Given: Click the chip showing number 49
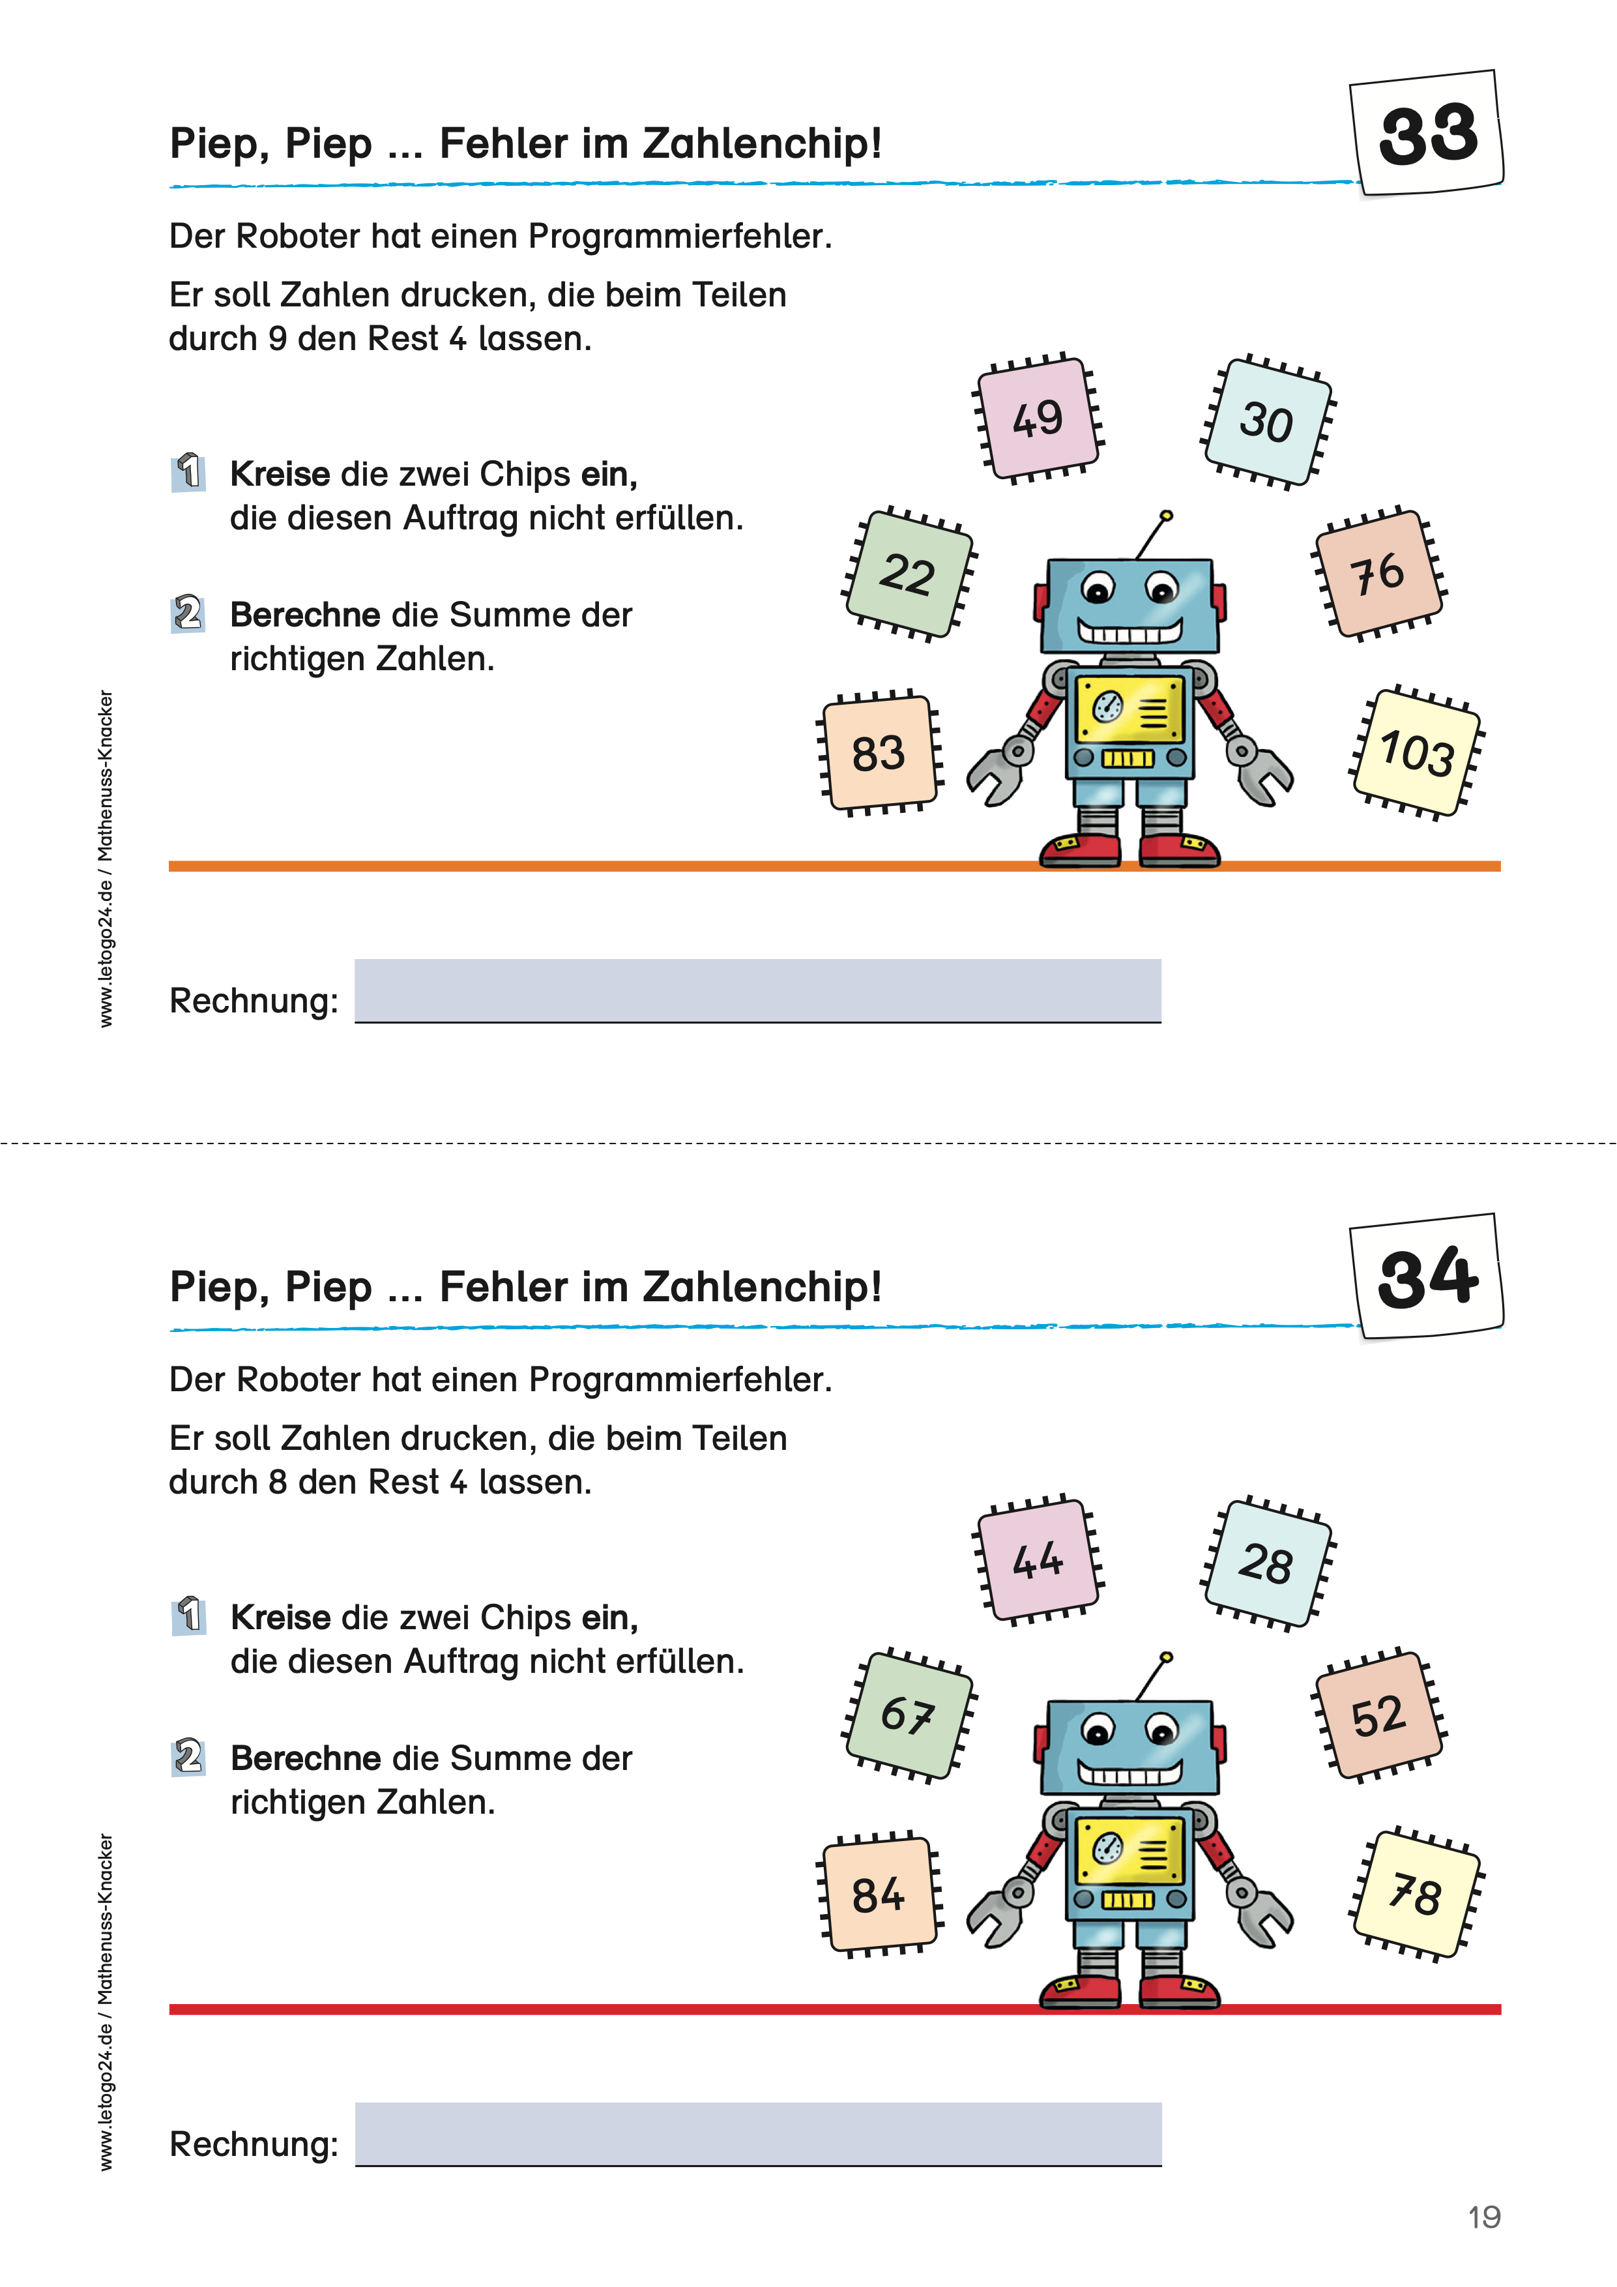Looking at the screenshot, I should pos(1038,417).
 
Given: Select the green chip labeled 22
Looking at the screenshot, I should pos(908,574).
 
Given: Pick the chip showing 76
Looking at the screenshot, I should pos(1379,573).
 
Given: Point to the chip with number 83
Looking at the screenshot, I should pos(878,753).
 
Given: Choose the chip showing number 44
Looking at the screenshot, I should pos(1038,1560).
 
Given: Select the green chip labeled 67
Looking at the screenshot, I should pos(908,1715).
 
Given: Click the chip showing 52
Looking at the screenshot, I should pos(1379,1715).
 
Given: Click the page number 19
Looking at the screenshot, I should pos(1483,2217).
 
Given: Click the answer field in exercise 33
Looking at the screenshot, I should pos(758,990).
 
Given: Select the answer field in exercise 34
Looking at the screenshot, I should pos(758,2134).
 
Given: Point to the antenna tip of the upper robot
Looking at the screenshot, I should pos(1167,516).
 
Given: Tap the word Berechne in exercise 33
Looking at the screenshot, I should pos(304,615).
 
